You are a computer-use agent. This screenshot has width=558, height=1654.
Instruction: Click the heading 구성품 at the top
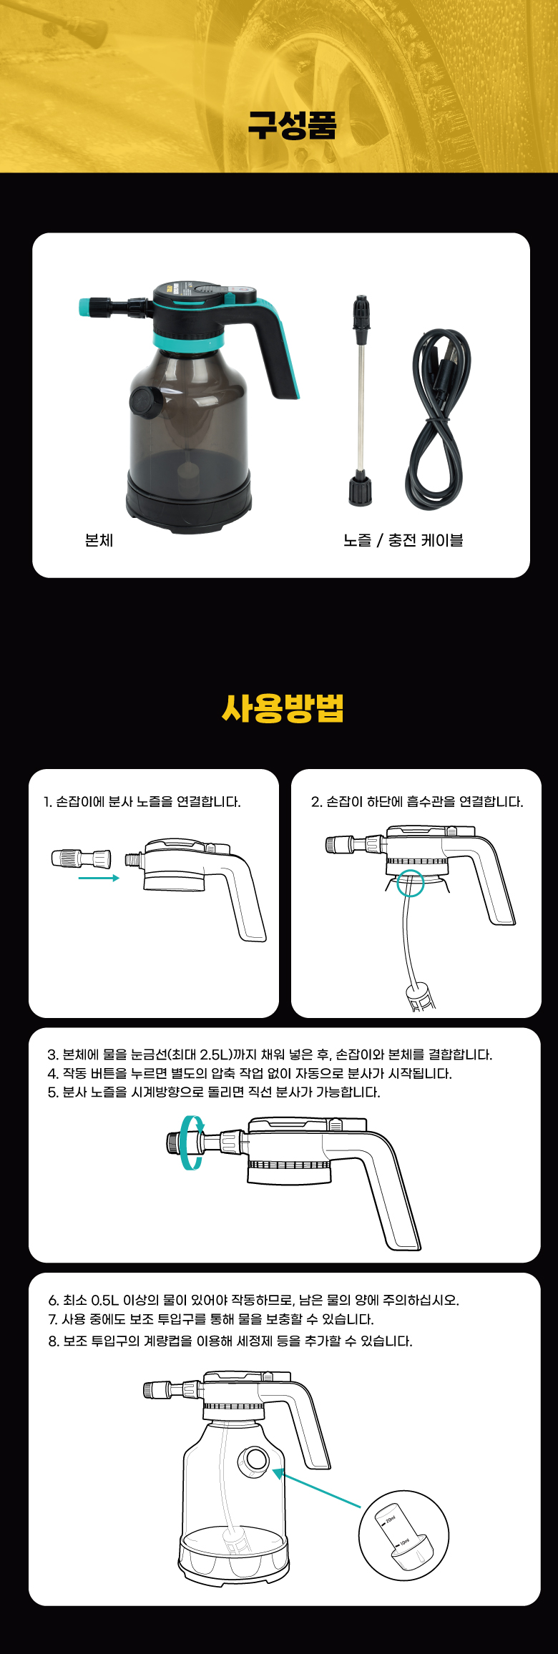(x=292, y=124)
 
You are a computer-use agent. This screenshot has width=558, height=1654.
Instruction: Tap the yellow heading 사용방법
(x=283, y=708)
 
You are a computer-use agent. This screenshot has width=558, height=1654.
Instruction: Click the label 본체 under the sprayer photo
(x=99, y=540)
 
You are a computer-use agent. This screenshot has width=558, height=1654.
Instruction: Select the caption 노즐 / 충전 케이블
(x=403, y=540)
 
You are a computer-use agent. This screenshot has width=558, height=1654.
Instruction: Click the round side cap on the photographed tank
(x=146, y=401)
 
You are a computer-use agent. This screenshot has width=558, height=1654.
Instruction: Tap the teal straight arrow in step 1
(x=99, y=878)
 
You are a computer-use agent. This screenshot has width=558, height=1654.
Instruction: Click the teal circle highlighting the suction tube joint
(x=411, y=882)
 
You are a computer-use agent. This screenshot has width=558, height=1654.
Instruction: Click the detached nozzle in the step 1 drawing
(x=81, y=858)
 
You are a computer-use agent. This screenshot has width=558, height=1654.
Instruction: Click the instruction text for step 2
(x=417, y=802)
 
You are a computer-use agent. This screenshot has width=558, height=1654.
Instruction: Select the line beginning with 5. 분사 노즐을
(x=214, y=1092)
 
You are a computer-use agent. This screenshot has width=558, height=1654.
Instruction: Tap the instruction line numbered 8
(x=230, y=1341)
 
